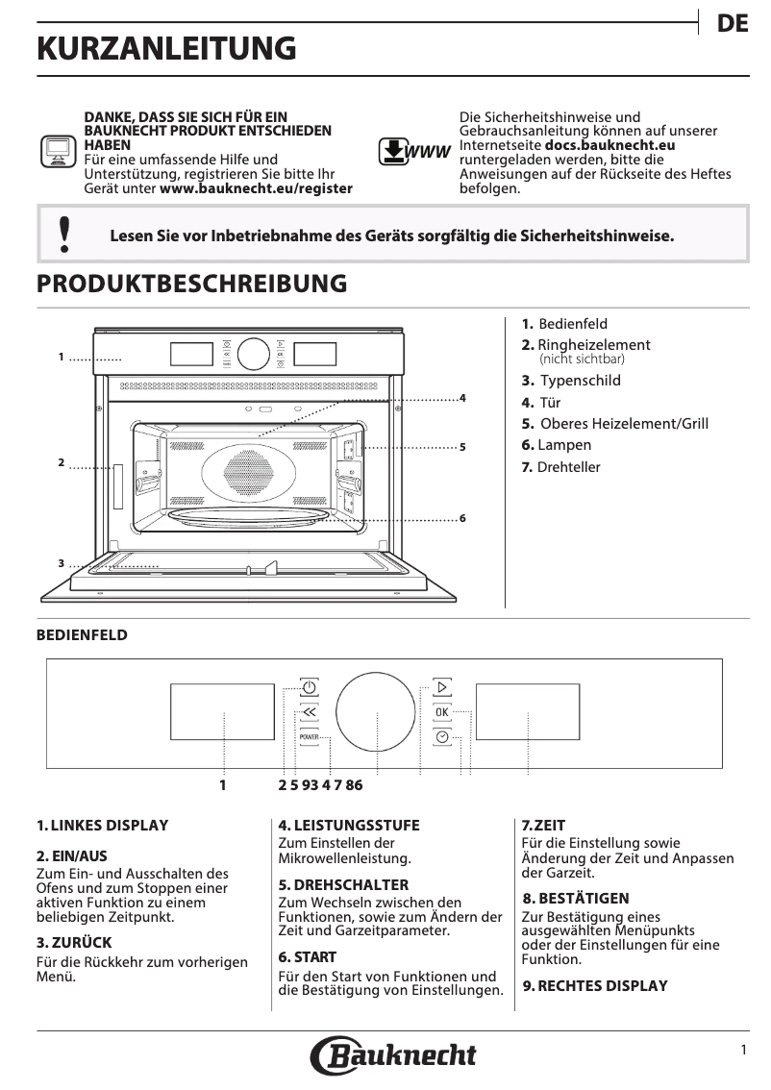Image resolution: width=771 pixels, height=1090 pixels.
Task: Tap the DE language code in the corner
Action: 733,25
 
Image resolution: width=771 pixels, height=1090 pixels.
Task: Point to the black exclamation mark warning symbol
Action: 64,235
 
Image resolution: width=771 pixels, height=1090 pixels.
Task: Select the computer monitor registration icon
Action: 57,152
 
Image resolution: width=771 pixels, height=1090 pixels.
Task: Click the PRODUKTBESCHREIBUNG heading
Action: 191,285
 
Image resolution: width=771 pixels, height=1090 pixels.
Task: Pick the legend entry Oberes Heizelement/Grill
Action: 624,424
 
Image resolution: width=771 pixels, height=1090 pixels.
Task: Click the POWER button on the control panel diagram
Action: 309,737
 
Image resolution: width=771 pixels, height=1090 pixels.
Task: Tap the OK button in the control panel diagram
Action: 441,712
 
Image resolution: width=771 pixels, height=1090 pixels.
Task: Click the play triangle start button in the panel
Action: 441,687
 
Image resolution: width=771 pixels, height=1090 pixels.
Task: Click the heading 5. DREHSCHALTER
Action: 343,884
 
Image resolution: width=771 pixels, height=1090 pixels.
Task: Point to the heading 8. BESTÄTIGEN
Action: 576,898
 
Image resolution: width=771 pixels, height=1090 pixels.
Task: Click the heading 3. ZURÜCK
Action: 74,942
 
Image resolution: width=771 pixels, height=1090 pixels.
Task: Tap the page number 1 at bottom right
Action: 743,1051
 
